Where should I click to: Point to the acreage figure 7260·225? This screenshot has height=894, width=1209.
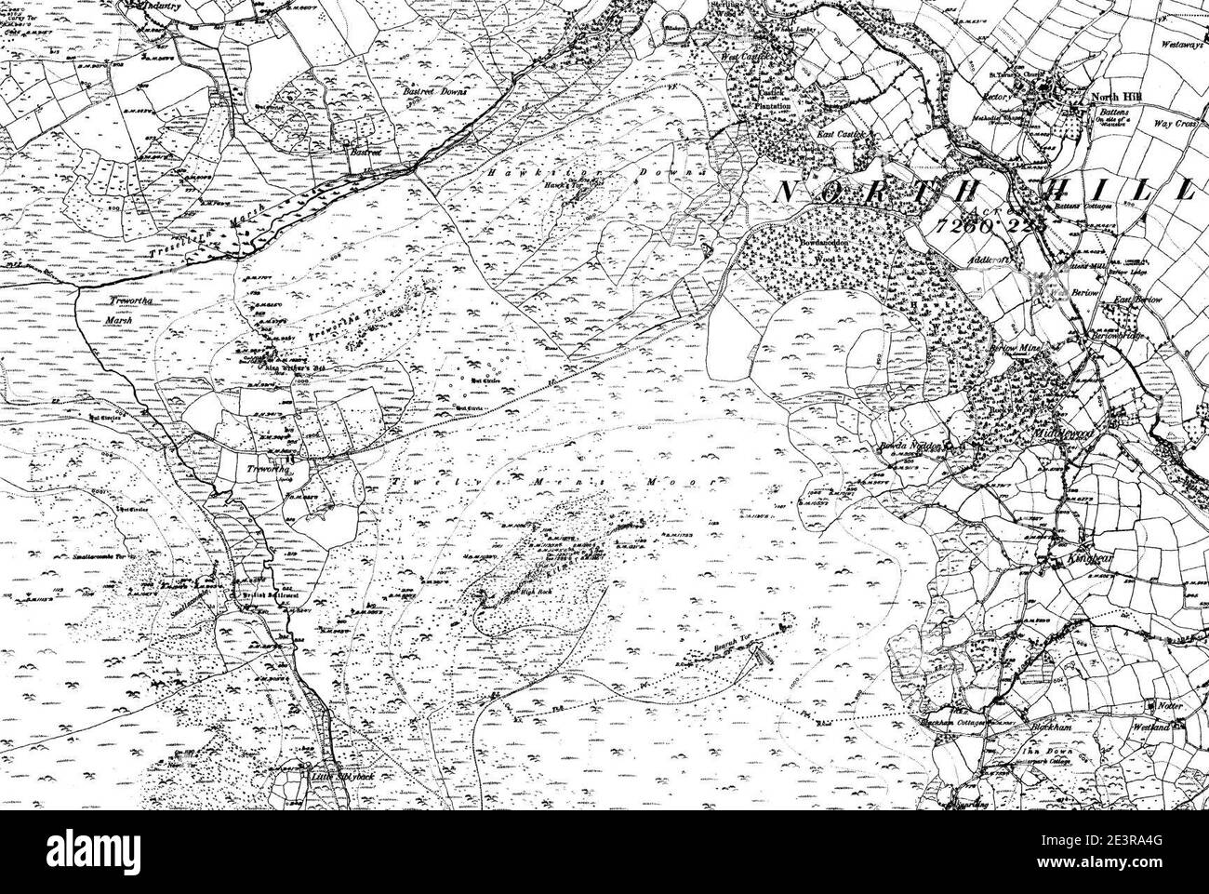[990, 225]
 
